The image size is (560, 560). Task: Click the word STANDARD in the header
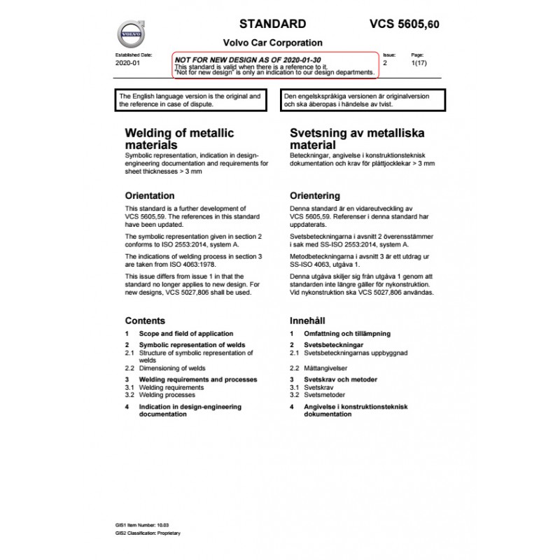tap(273, 24)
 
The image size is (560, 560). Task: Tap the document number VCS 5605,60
tap(405, 25)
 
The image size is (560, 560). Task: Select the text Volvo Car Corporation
tap(272, 43)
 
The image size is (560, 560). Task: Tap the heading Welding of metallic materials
tap(179, 139)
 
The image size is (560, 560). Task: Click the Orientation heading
tap(150, 195)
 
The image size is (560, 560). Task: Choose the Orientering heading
tap(315, 195)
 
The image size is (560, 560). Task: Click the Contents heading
tap(145, 321)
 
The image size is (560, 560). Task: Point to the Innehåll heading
tap(307, 321)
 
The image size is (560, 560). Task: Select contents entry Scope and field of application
tap(186, 334)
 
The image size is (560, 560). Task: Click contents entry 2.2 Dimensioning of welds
tap(172, 367)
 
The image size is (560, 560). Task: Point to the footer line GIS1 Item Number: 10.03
tap(143, 524)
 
